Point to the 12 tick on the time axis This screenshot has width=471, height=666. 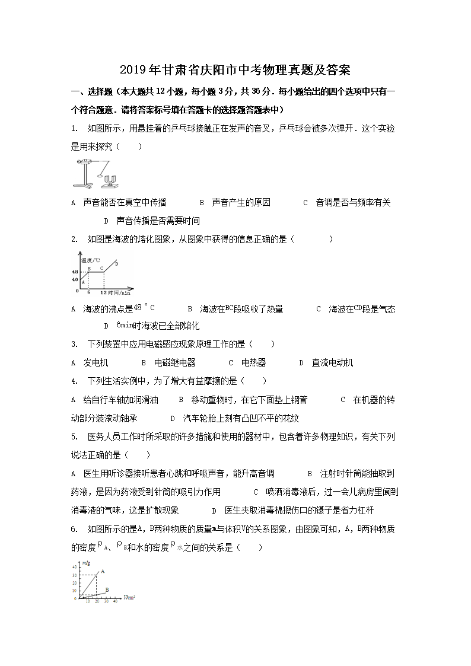pos(103,293)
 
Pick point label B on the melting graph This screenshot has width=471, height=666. pos(88,268)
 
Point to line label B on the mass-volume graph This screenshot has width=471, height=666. pos(107,589)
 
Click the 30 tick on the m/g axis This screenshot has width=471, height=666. pos(74,575)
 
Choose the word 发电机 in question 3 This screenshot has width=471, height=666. pos(96,362)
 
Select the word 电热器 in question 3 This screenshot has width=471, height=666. pos(253,362)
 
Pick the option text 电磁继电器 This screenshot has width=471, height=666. pos(174,362)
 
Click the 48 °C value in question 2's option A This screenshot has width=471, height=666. pos(144,308)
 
